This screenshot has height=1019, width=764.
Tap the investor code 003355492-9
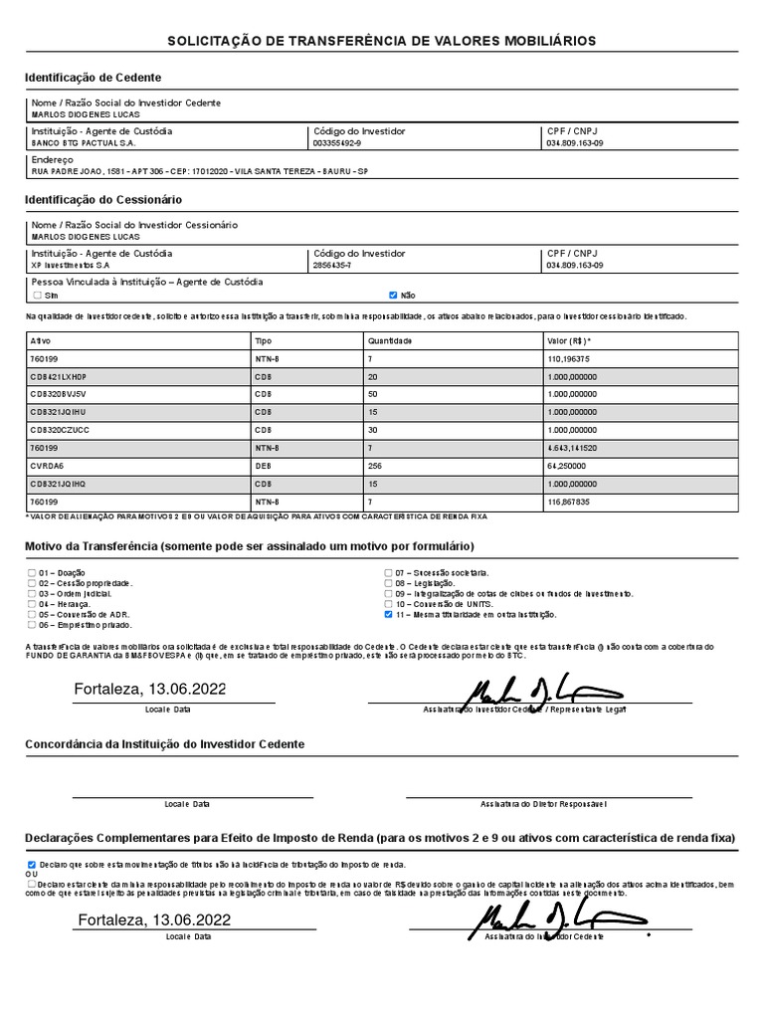pyautogui.click(x=337, y=143)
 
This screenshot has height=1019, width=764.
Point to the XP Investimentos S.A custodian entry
pyautogui.click(x=71, y=266)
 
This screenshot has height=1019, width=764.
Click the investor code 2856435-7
pyautogui.click(x=331, y=266)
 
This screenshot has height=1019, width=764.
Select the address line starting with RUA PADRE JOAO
pyautogui.click(x=199, y=171)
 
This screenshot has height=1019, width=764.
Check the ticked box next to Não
pyautogui.click(x=393, y=296)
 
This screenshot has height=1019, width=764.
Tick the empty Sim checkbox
pyautogui.click(x=37, y=296)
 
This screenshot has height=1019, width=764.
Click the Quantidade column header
pyautogui.click(x=389, y=340)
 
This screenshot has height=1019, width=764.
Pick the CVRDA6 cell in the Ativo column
pyautogui.click(x=47, y=466)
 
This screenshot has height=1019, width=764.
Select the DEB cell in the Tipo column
pyautogui.click(x=263, y=466)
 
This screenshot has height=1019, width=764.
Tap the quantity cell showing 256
pyautogui.click(x=375, y=466)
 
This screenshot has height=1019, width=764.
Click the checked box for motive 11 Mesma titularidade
pyautogui.click(x=389, y=615)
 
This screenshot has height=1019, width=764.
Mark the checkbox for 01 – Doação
pyautogui.click(x=32, y=573)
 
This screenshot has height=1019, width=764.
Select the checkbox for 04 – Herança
pyautogui.click(x=32, y=604)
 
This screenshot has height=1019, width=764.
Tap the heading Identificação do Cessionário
pyautogui.click(x=103, y=200)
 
